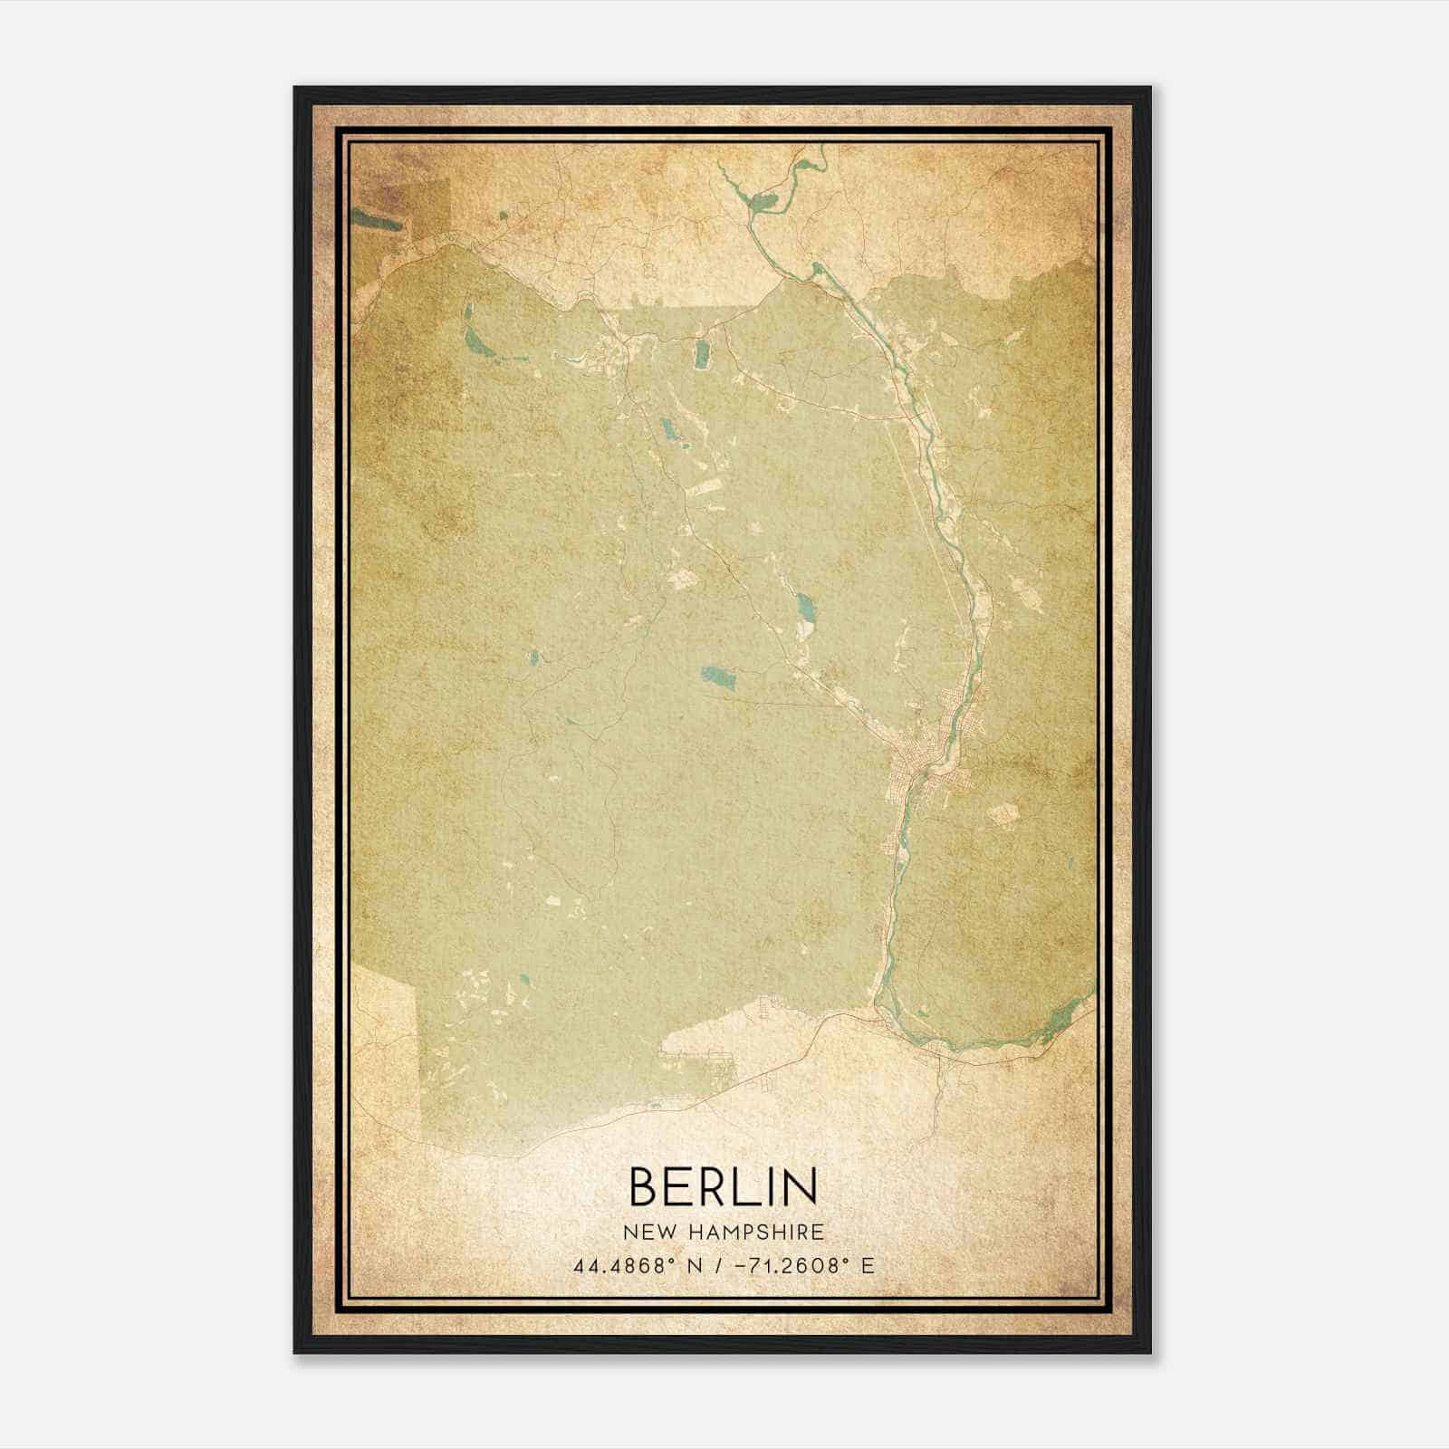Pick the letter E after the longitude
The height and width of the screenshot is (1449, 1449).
coord(868,1265)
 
